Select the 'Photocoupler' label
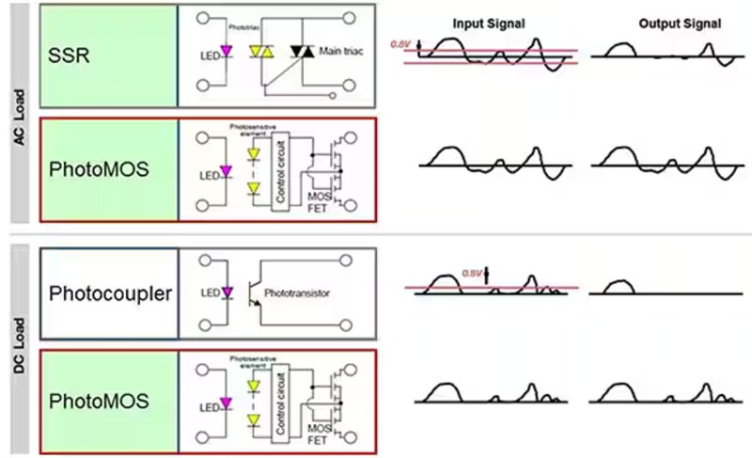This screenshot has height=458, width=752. (110, 292)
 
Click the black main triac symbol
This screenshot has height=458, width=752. (301, 52)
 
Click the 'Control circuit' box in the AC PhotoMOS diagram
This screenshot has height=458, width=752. (279, 169)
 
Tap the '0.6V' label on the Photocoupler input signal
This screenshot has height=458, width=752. (474, 273)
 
